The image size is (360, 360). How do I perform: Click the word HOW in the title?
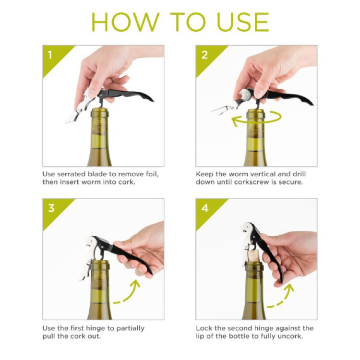coord(120,22)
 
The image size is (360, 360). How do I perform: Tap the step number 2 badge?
coord(204,54)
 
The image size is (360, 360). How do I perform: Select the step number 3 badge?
coord(50,208)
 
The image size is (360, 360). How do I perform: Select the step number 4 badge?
coord(204,208)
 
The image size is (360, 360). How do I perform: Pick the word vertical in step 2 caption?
coord(266,174)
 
